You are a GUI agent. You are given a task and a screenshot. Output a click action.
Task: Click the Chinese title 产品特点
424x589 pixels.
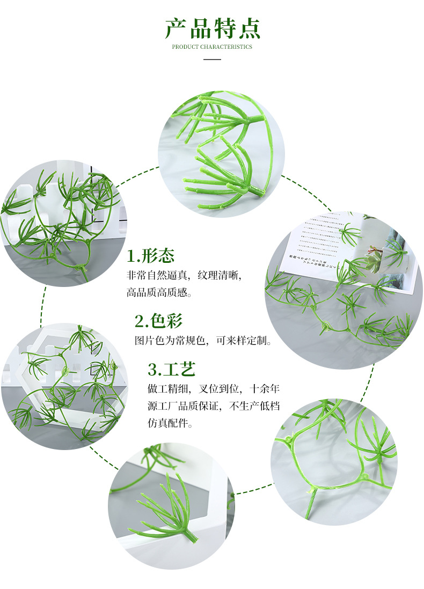tap(212, 28)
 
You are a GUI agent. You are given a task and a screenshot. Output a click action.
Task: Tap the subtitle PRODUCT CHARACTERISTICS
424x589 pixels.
tap(212, 47)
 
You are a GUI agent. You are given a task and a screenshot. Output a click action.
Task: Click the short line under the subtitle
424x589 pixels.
tap(212, 59)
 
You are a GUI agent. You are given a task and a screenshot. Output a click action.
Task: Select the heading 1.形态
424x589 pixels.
tap(151, 256)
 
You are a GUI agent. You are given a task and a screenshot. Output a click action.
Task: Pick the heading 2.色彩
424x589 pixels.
tap(158, 321)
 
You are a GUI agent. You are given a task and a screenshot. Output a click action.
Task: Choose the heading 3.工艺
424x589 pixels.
tap(172, 369)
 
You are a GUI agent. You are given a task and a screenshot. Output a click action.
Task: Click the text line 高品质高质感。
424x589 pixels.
tap(159, 293)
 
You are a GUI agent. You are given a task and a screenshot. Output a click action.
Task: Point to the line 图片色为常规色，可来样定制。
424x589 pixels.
tap(203, 341)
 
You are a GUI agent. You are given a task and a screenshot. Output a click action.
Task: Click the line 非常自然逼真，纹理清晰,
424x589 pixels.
tap(184, 275)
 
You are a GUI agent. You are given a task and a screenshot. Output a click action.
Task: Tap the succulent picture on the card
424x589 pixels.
tap(376, 257)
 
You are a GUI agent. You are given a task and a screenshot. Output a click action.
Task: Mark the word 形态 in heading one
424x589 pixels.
tap(158, 256)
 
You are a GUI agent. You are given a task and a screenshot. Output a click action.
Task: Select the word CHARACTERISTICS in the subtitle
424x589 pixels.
tap(226, 47)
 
